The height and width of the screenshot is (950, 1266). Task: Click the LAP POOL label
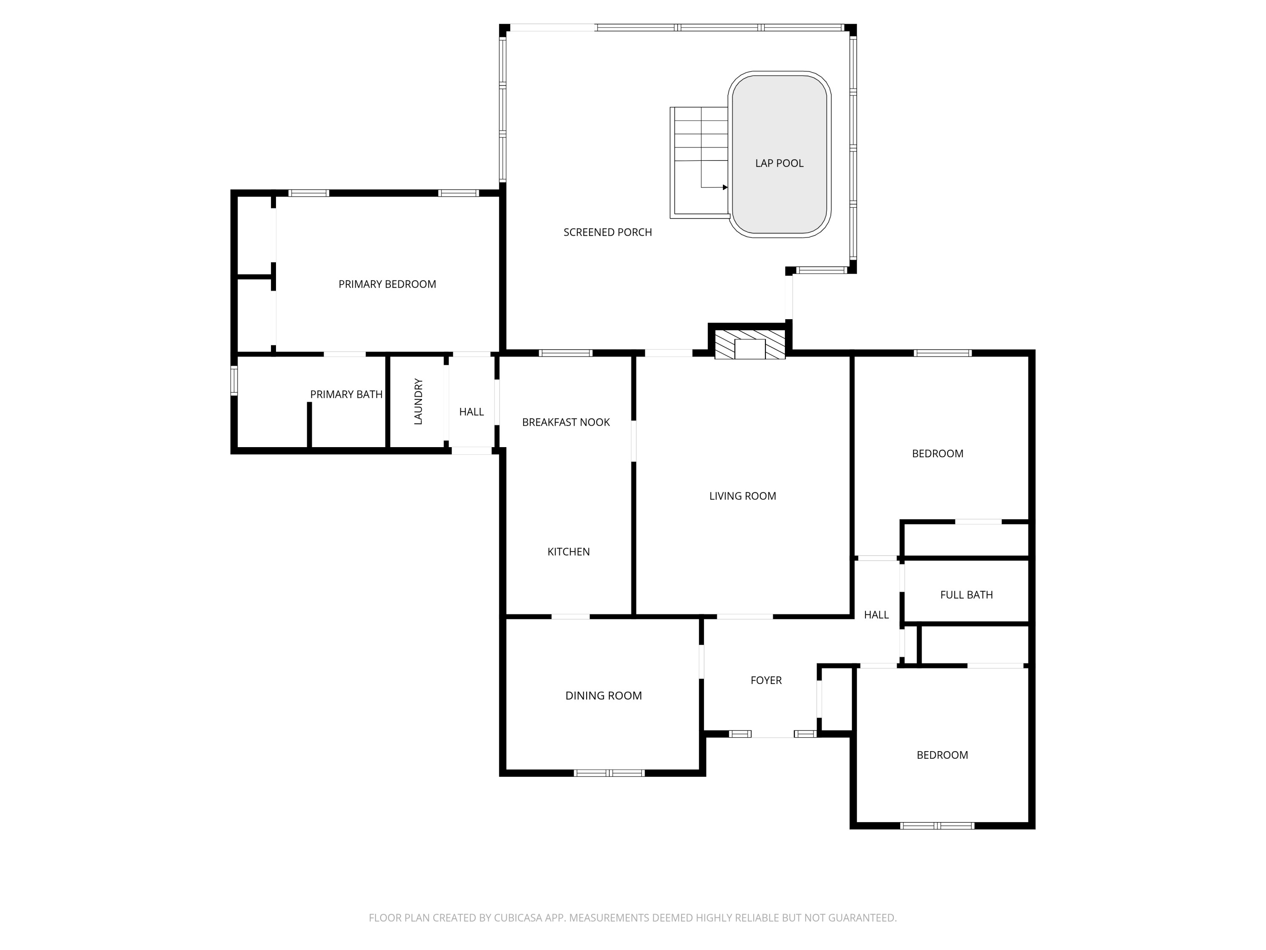(x=779, y=163)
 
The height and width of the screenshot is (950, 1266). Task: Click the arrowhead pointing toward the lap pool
(x=725, y=187)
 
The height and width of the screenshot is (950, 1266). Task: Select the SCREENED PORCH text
(x=607, y=232)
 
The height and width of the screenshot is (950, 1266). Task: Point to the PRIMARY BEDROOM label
(x=387, y=284)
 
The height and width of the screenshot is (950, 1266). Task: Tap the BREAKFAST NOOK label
(x=565, y=422)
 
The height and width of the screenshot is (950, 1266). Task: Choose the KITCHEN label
(x=568, y=551)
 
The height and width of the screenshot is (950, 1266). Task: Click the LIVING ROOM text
(x=742, y=496)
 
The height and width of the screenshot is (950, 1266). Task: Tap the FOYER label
(x=766, y=680)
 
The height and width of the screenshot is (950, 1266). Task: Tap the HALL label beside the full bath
(x=876, y=614)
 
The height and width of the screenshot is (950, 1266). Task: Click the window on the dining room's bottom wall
(x=609, y=773)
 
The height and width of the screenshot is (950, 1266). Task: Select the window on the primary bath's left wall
(x=234, y=380)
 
